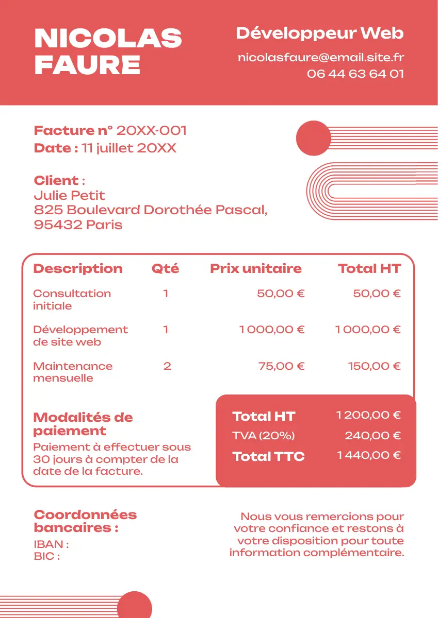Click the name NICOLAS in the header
click(x=108, y=39)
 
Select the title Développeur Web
click(x=319, y=33)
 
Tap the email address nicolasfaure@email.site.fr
click(x=320, y=58)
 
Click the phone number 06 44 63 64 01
click(x=355, y=74)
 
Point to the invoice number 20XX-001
click(x=151, y=131)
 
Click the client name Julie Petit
click(x=69, y=195)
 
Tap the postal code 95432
click(x=57, y=225)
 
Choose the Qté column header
click(x=165, y=268)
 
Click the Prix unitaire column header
click(x=255, y=268)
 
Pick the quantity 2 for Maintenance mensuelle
click(x=167, y=366)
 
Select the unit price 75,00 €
click(x=281, y=366)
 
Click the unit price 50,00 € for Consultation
click(x=281, y=294)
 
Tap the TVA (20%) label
click(x=263, y=436)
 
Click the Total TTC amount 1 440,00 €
click(x=368, y=455)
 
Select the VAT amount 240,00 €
click(x=372, y=436)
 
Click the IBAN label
click(x=51, y=544)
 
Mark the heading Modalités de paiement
click(x=83, y=424)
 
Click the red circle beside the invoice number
click(x=313, y=138)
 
